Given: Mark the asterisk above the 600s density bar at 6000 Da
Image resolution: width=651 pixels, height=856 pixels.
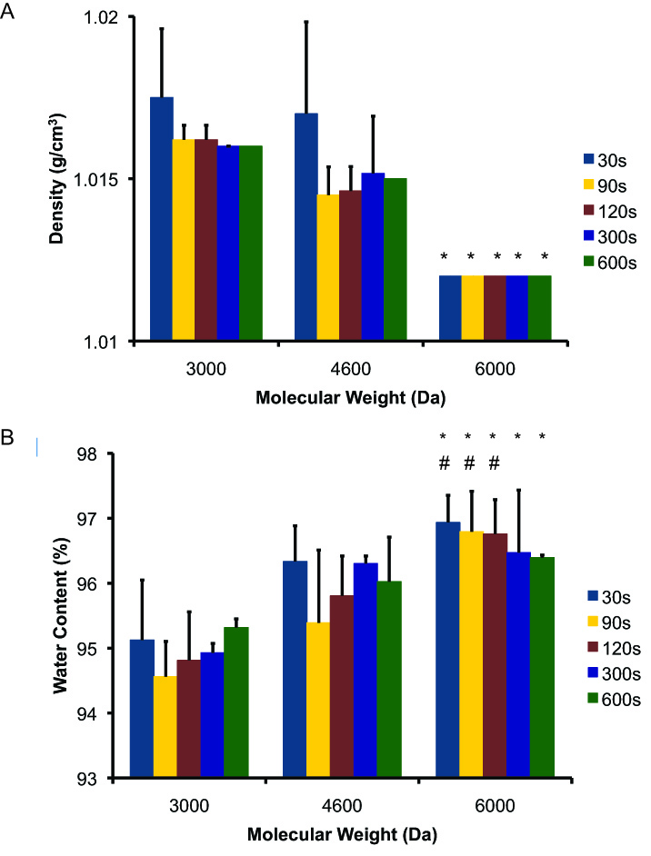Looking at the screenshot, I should coord(544,255).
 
